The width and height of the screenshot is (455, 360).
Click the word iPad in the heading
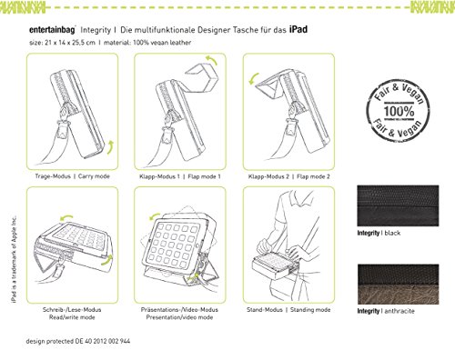coord(298,30)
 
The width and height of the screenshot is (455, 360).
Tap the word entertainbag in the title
coord(52,30)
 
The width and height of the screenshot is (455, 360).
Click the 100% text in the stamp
coord(399,111)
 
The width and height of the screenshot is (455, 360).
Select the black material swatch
coord(398,205)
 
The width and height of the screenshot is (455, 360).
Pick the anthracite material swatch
coord(398,285)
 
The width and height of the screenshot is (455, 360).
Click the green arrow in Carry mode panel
coord(111,147)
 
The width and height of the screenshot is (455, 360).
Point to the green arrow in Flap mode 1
coord(211,60)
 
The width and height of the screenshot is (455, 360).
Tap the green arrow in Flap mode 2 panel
coord(253,78)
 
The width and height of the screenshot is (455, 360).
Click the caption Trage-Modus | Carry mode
coord(72,176)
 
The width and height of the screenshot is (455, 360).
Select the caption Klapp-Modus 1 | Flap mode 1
coord(180,176)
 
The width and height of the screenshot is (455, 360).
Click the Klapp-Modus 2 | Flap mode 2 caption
coord(288,176)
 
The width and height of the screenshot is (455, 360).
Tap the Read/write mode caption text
coord(72,317)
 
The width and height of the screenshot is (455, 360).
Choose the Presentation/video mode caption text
coord(179,317)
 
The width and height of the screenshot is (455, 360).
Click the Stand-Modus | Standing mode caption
coord(288,310)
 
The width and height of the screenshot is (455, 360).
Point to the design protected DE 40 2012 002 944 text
coord(78,341)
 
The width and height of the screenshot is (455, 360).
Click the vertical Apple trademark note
coord(14,259)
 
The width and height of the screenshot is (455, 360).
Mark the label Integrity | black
coord(379,233)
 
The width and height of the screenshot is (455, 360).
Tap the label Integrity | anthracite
coord(386,311)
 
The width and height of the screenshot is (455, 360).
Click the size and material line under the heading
coord(110,43)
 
